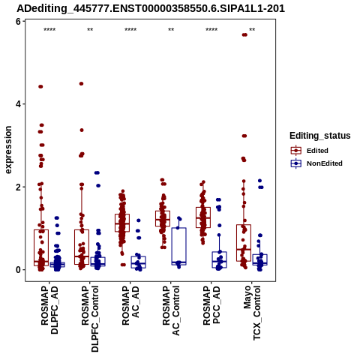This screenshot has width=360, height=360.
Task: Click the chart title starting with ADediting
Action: pyautogui.click(x=151, y=9)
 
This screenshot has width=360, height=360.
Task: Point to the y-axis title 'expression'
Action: pyautogui.click(x=8, y=150)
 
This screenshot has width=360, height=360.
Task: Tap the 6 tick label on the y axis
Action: pyautogui.click(x=18, y=22)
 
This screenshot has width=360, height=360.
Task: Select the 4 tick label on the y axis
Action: pyautogui.click(x=18, y=104)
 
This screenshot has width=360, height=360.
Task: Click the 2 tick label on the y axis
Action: pyautogui.click(x=18, y=187)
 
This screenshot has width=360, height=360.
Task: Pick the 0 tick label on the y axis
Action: pyautogui.click(x=18, y=270)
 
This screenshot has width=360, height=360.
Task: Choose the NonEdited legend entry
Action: pyautogui.click(x=316, y=163)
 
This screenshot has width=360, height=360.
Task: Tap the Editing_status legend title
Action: pyautogui.click(x=320, y=136)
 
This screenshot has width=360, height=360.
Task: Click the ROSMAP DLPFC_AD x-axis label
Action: pyautogui.click(x=49, y=310)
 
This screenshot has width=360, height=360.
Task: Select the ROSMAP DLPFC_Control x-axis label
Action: pyautogui.click(x=90, y=319)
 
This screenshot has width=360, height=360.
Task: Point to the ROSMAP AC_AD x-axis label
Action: pyautogui.click(x=130, y=305)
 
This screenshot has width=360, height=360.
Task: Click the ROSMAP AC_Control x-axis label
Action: pyautogui.click(x=171, y=310)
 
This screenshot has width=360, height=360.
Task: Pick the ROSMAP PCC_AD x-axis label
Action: pyautogui.click(x=211, y=305)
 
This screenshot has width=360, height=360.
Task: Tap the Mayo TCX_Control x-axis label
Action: pyautogui.click(x=252, y=313)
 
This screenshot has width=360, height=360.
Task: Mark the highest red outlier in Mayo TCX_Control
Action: pyautogui.click(x=244, y=34)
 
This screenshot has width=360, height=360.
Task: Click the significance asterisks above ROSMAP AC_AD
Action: pyautogui.click(x=130, y=30)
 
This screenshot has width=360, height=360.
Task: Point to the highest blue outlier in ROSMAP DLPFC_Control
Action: pyautogui.click(x=97, y=172)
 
